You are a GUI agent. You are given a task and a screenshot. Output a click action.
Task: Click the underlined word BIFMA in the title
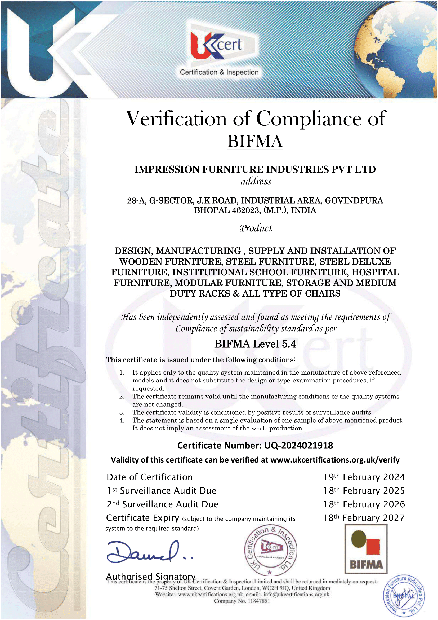click(x=255, y=141)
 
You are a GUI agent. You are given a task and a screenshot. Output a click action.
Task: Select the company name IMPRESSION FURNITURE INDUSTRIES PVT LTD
click(x=255, y=169)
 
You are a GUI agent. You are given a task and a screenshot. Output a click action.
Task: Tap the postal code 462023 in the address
click(x=245, y=210)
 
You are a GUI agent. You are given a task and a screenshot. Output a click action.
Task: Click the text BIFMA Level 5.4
click(x=255, y=344)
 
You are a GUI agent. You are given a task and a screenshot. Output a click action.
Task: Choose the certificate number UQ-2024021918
click(x=298, y=445)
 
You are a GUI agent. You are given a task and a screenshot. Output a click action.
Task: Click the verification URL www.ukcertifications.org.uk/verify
click(x=335, y=460)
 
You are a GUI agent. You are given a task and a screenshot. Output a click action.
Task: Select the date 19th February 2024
click(x=364, y=477)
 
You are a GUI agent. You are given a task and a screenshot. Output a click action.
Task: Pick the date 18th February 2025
click(x=364, y=491)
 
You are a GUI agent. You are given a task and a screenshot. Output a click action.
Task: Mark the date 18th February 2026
click(x=364, y=504)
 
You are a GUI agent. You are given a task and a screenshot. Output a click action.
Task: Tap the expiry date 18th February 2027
click(x=364, y=518)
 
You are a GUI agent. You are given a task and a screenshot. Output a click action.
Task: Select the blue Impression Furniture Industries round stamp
click(x=404, y=596)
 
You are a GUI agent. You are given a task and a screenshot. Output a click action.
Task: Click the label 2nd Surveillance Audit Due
click(x=162, y=504)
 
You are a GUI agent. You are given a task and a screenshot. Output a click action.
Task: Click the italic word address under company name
click(x=256, y=181)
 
